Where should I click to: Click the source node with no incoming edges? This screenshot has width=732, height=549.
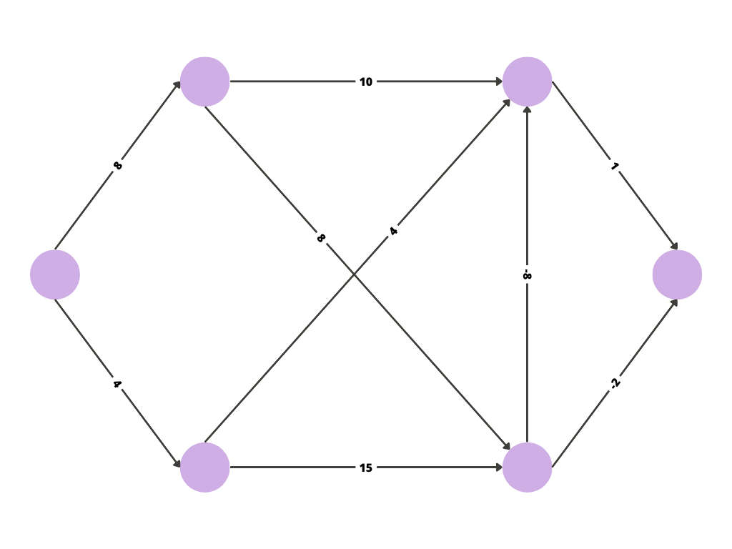point(55,274)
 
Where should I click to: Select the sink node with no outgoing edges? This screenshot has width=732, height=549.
point(677,274)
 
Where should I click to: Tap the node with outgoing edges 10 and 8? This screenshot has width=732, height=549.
point(205,81)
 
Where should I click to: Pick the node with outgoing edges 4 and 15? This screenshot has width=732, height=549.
point(205,468)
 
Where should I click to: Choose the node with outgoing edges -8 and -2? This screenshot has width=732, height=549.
point(527,468)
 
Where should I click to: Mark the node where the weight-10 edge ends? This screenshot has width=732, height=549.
point(527,81)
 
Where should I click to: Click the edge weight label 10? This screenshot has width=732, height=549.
point(366,81)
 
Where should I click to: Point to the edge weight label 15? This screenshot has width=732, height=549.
point(366,468)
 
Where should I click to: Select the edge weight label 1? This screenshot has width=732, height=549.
point(614,166)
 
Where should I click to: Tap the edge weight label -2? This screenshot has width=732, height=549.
point(615,383)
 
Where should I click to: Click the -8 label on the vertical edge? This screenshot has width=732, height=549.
point(527,275)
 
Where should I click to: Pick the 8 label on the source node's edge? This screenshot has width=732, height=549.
point(118,165)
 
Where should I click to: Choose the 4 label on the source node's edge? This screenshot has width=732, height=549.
point(117,384)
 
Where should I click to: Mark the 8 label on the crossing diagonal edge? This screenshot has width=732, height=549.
point(321,238)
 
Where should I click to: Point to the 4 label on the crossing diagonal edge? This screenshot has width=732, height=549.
point(394,231)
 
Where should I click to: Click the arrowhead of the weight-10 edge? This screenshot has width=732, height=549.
point(499,81)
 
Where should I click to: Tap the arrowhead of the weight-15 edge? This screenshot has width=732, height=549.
point(499,468)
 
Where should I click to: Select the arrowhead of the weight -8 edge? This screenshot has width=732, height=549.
point(527,110)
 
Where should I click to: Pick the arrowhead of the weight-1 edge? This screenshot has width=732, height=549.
point(674,246)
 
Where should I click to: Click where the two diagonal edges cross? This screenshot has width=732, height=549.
point(355,274)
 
